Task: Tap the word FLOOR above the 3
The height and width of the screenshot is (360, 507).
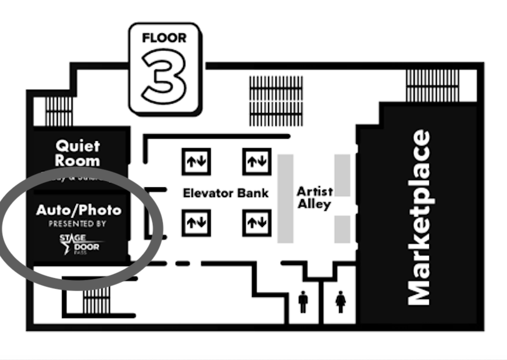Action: pyautogui.click(x=164, y=39)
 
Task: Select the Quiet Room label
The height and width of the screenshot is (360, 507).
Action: pyautogui.click(x=78, y=153)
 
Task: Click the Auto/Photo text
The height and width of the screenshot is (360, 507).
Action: pyautogui.click(x=78, y=210)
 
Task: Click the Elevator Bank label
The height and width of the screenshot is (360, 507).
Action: pyautogui.click(x=225, y=193)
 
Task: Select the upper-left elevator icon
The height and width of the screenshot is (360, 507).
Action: pyautogui.click(x=196, y=161)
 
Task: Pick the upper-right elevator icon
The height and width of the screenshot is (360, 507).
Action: pyautogui.click(x=257, y=161)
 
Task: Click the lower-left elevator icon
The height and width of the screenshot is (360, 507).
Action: pyautogui.click(x=196, y=223)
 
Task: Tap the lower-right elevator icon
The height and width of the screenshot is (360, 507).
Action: pyautogui.click(x=257, y=223)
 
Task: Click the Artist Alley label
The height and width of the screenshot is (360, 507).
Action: pyautogui.click(x=315, y=198)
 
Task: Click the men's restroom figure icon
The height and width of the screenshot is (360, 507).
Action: pyautogui.click(x=303, y=302)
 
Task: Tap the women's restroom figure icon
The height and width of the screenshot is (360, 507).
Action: pyautogui.click(x=341, y=302)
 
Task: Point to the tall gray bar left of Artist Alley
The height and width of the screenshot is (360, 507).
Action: pyautogui.click(x=285, y=198)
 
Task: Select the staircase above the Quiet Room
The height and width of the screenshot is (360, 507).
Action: pyautogui.click(x=59, y=111)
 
